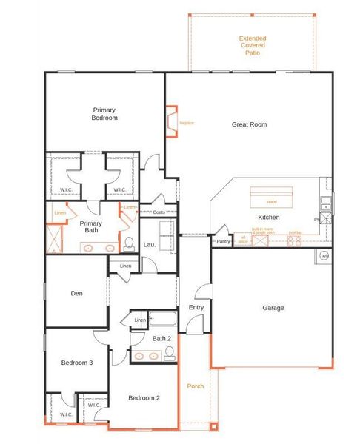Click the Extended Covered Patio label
point(253,45)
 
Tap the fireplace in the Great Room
point(172,122)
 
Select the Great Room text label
point(249,124)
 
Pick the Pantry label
point(222,241)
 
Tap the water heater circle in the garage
point(324,256)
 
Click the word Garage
point(273,308)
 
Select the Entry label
point(196,307)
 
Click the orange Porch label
point(195,386)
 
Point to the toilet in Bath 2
point(169,354)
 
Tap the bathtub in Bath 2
point(163,320)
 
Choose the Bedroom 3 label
point(76,363)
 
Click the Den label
point(76,293)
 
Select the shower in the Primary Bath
point(53,238)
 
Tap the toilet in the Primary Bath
point(128,243)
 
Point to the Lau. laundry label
point(147,244)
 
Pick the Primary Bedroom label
point(104,113)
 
